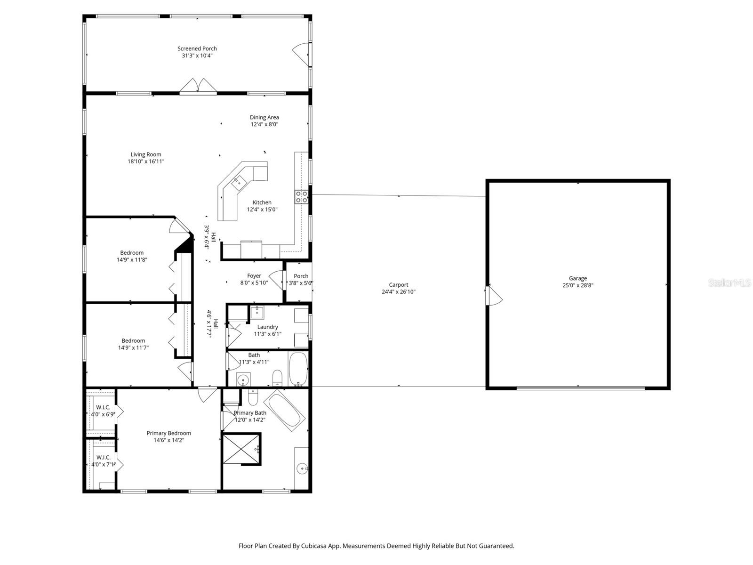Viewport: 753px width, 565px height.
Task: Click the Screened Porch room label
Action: coord(197,48)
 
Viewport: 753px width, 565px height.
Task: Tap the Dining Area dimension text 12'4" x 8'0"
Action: coord(264,124)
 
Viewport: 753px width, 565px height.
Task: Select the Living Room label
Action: coord(146,155)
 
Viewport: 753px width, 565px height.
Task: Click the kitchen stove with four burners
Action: coord(301,197)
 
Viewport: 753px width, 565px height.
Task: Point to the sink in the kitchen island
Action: coord(239,183)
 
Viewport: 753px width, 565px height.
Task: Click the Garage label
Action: coord(578,279)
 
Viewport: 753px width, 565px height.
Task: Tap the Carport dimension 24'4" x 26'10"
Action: coord(398,292)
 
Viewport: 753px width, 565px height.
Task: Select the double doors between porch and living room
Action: coord(198,85)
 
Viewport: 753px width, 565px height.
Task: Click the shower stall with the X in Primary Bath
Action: coord(241,449)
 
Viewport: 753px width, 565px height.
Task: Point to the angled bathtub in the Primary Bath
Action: coord(284,410)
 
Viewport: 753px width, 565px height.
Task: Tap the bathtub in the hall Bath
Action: coord(298,369)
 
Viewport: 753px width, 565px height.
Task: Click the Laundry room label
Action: coord(268,327)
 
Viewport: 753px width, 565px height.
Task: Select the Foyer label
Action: coord(254,276)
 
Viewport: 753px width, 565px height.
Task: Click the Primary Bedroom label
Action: coord(169,433)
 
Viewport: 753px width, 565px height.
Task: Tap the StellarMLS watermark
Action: coord(729,283)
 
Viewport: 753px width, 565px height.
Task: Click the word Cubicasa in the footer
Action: coord(314,546)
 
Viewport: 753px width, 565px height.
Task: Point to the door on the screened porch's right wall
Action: coord(301,54)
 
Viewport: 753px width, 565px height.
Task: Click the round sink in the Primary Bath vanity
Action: coord(302,468)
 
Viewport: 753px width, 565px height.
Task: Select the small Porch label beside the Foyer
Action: coord(301,276)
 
